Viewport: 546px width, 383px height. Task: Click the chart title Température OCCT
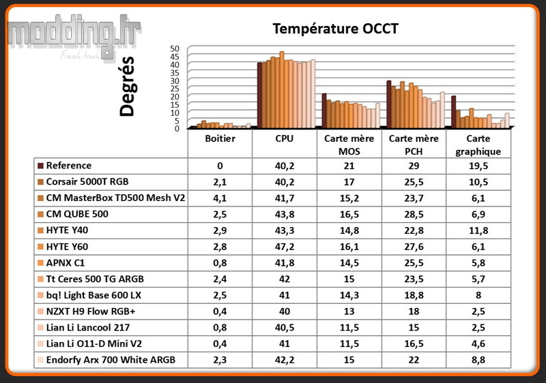coord(335,29)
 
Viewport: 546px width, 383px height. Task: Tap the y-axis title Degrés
coord(127,86)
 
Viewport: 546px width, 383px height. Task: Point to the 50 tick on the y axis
coord(175,48)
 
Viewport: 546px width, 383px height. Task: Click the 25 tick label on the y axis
coord(175,89)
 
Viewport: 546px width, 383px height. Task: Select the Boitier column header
coord(220,138)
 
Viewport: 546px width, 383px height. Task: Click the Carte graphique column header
coord(478,145)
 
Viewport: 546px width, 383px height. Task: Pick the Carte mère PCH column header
coord(414,145)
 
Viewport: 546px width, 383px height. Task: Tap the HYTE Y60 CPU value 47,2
coord(285,247)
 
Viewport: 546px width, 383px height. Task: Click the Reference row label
coord(69,166)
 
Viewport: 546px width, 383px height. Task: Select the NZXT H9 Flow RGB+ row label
coord(91,311)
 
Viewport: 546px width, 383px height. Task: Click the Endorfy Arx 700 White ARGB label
coord(111,360)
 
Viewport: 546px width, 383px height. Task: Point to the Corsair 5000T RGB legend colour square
coord(40,182)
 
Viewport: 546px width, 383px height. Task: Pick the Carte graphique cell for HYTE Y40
coord(478,230)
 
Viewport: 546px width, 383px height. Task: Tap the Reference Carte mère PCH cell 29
coord(414,166)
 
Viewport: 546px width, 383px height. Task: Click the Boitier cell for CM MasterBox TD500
coord(220,198)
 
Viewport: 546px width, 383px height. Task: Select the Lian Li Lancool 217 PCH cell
coord(414,327)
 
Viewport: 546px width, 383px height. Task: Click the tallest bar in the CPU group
coord(282,90)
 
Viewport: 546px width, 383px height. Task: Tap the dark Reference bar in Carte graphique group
coord(453,112)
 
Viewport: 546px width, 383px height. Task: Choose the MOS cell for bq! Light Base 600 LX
coord(349,295)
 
